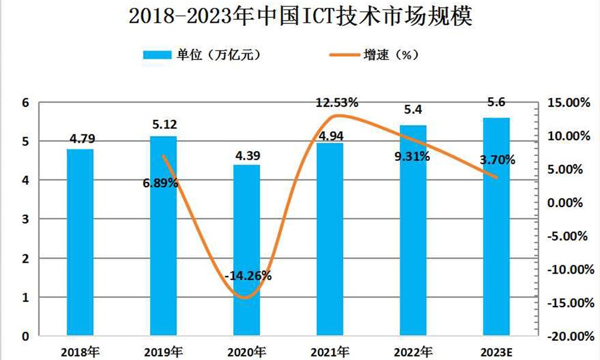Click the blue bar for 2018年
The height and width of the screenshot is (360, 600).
tap(80, 240)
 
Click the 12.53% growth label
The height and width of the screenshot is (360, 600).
tap(337, 103)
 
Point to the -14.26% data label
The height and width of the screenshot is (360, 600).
tap(248, 276)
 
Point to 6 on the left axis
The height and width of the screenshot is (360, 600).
tap(25, 103)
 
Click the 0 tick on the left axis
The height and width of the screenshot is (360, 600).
tap(25, 336)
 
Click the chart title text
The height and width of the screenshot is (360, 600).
tap(301, 17)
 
